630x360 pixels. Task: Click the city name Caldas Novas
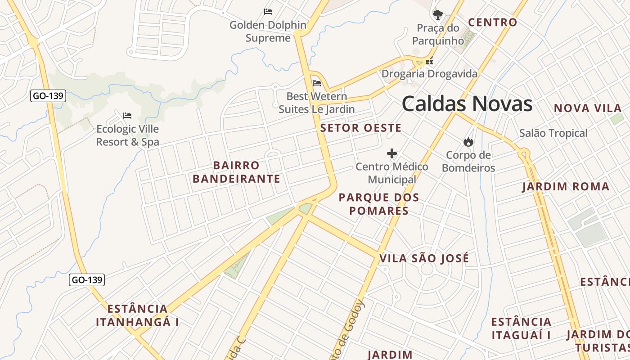point(467,104)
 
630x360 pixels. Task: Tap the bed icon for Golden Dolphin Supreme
point(268,11)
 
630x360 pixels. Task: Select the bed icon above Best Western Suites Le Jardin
point(317,83)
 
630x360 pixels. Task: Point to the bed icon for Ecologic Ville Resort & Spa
point(127,116)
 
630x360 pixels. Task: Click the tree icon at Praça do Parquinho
point(437,15)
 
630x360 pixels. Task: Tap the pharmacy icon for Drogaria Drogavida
point(429,61)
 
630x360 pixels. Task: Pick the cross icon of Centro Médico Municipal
point(392,154)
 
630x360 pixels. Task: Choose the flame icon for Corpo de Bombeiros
point(468,142)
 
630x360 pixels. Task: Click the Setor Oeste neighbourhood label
point(360,128)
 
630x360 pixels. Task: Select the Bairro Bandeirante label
point(237,172)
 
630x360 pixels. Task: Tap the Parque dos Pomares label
point(379,204)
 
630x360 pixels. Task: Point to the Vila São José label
point(424,258)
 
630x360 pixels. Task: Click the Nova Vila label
point(588,108)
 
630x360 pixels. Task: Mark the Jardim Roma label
point(566,187)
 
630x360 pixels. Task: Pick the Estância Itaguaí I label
point(521,328)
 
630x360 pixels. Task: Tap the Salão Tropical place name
point(553,133)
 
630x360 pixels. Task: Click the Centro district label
point(493,22)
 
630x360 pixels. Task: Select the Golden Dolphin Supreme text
point(268,31)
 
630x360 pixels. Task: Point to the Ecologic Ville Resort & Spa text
point(128,135)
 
